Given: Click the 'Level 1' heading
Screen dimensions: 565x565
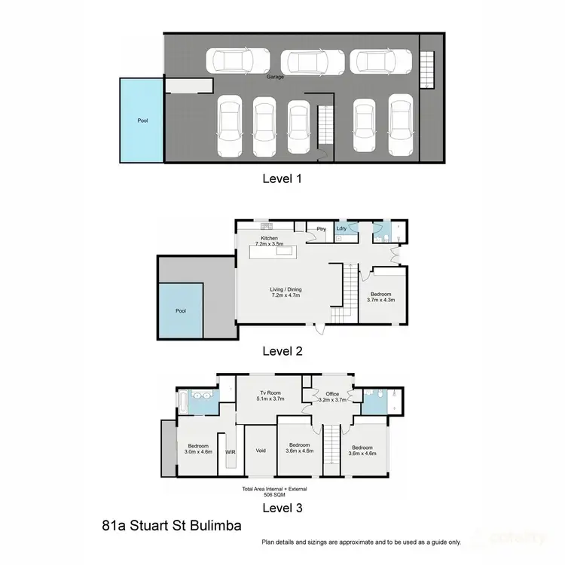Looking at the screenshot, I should (282, 179).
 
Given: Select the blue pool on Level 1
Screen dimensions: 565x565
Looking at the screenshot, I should (141, 120).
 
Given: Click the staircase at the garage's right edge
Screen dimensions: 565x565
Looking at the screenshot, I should (427, 70).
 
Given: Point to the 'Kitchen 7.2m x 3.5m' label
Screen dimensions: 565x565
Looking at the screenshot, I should (269, 241).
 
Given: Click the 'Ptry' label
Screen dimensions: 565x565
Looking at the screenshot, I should (320, 228).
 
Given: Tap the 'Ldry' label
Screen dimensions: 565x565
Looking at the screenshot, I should (341, 228).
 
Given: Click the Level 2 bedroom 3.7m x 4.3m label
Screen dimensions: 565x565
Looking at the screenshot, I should (380, 297).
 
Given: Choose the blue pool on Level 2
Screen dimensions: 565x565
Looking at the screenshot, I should (181, 310).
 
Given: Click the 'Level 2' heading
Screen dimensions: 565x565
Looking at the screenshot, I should (282, 350).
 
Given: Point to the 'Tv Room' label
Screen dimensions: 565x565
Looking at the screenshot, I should (270, 395).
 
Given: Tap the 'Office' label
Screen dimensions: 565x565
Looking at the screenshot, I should (331, 397).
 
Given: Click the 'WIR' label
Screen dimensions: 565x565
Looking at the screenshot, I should (231, 452).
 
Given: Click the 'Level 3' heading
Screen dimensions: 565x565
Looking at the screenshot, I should (282, 508).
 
